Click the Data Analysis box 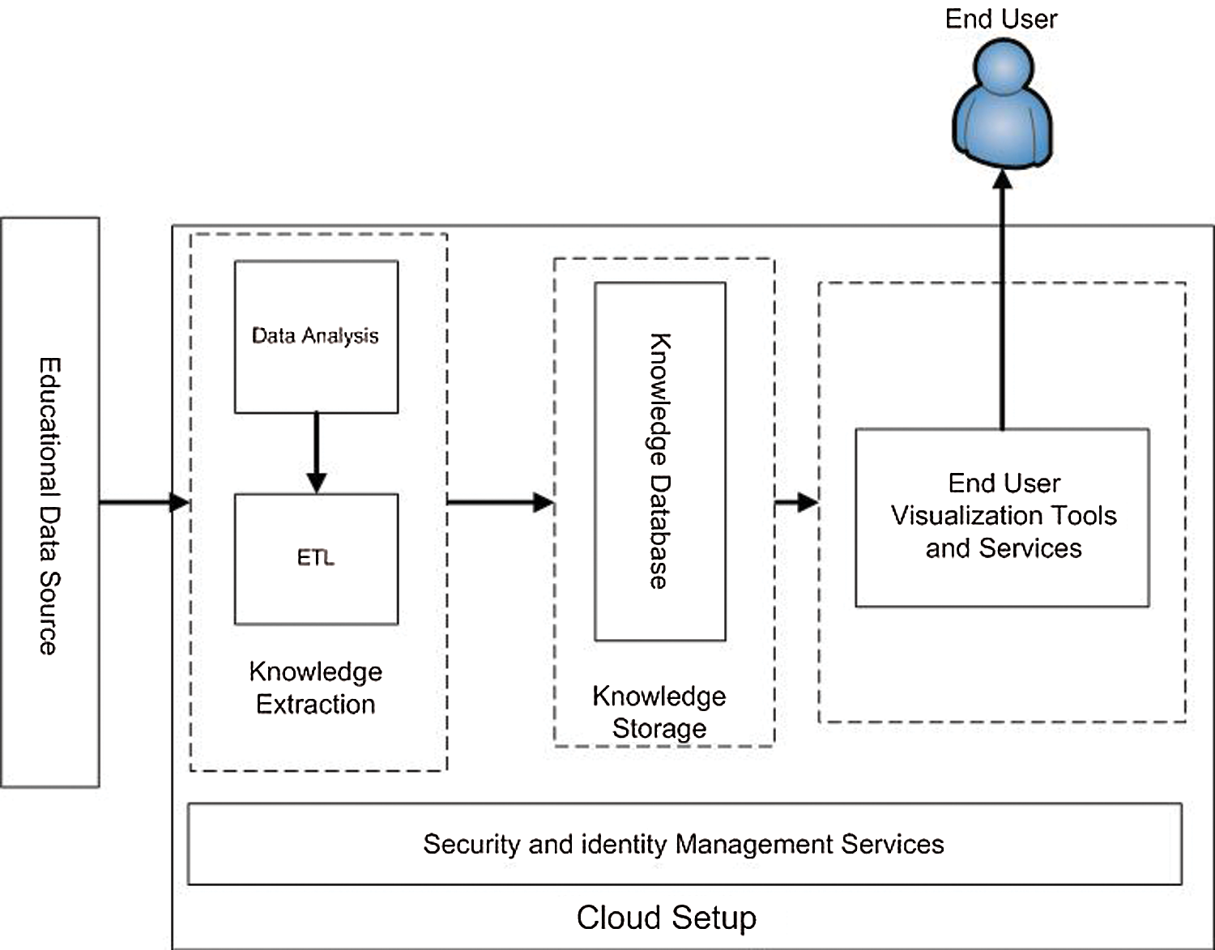tap(316, 337)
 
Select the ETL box tap(316, 559)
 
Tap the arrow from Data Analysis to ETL tap(316, 453)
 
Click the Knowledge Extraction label tap(316, 688)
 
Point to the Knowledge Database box tap(660, 462)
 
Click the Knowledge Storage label tap(659, 712)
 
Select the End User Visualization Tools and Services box tap(1003, 517)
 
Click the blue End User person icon tap(1002, 105)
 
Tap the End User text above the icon tap(1001, 19)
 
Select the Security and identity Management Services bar tap(684, 844)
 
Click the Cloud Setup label tap(666, 918)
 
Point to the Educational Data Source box tap(50, 502)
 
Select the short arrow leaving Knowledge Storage tap(796, 502)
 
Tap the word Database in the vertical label tap(659, 531)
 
